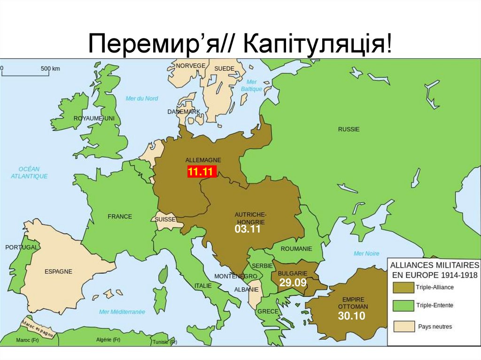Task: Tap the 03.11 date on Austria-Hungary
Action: [247, 230]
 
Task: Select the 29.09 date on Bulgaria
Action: [293, 283]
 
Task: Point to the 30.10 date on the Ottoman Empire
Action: [351, 316]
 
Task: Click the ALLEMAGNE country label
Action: [203, 160]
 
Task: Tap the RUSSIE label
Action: [349, 129]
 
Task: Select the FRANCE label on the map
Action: [120, 217]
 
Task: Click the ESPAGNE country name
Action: [58, 271]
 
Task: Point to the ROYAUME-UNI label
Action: [94, 119]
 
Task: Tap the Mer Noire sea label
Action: [366, 254]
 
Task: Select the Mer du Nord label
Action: [142, 99]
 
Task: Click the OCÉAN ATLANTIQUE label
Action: [29, 173]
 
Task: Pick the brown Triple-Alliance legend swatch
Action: [402, 287]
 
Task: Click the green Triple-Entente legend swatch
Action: [402, 306]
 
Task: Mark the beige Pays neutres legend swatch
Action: [402, 326]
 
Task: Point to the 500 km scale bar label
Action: [50, 69]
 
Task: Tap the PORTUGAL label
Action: [21, 247]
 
